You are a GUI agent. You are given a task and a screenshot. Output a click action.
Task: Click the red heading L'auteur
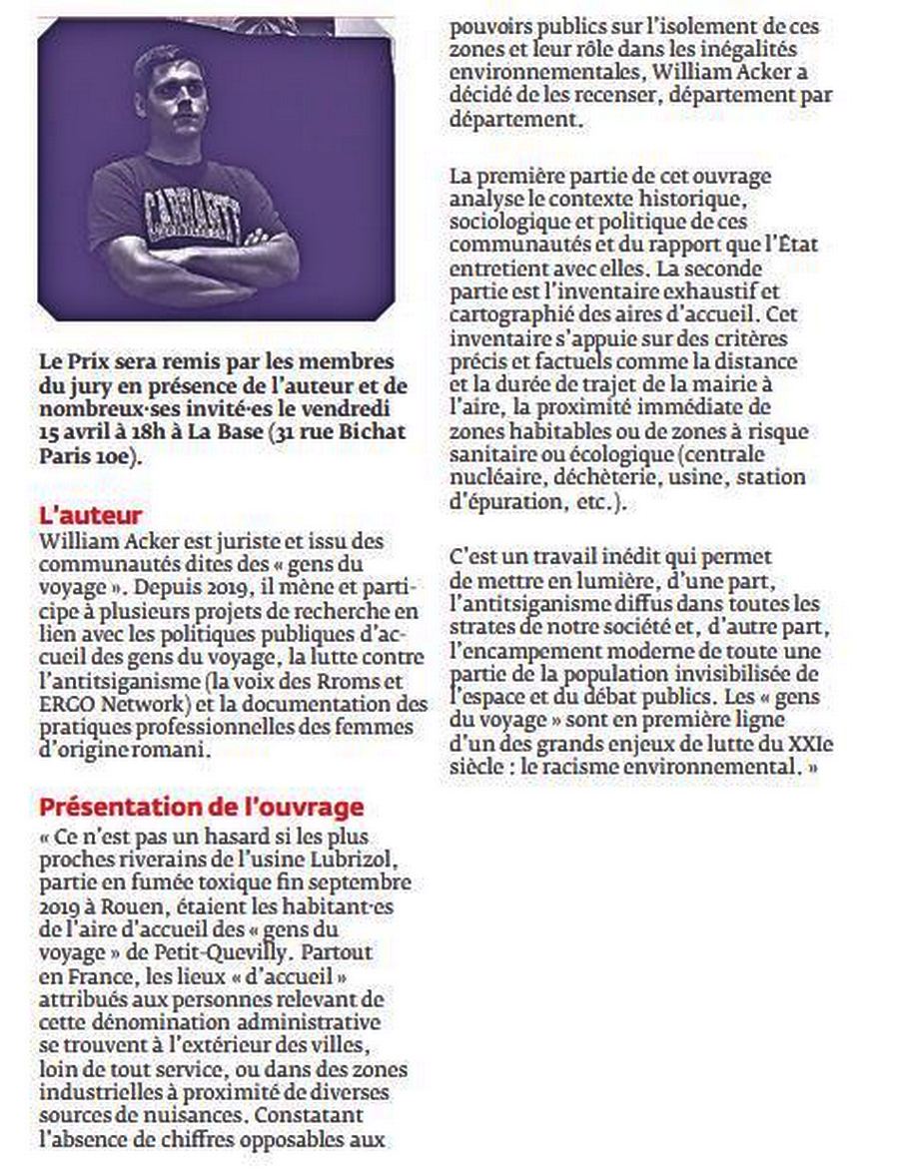(91, 516)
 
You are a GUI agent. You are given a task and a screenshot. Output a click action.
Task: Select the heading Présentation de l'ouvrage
(201, 806)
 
